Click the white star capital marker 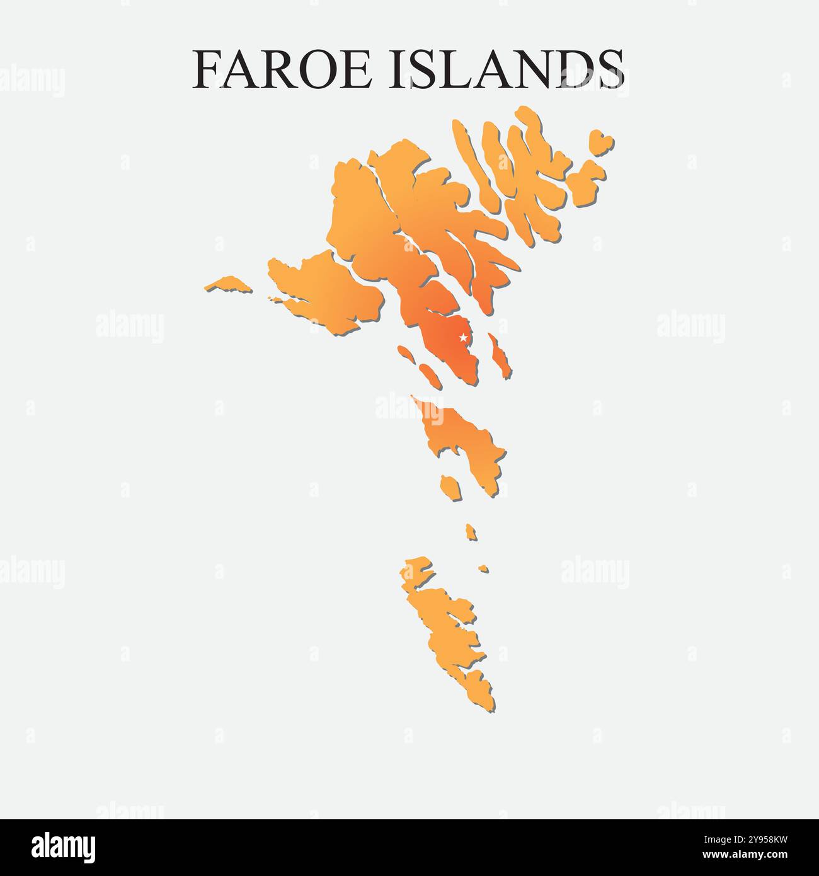coord(463,338)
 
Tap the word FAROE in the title coord(282,69)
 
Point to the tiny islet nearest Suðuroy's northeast coord(483,568)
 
